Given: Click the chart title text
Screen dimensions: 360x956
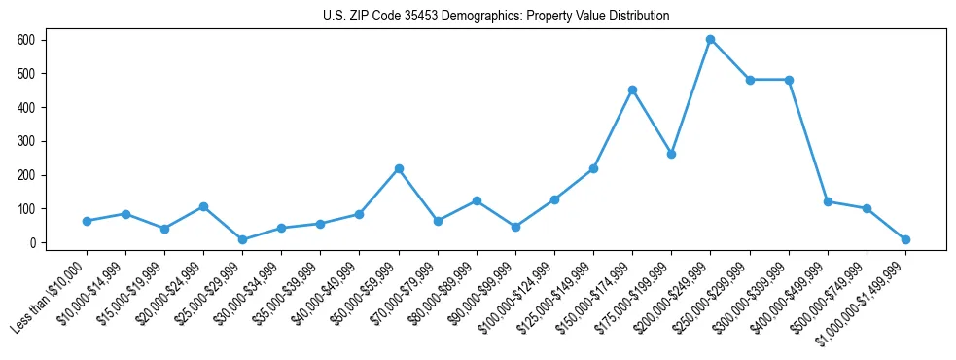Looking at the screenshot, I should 496,17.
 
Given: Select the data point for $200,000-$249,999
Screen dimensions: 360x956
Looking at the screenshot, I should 711,40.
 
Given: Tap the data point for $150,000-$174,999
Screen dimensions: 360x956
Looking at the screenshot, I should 632,90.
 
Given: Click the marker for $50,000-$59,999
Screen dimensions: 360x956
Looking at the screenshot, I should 399,169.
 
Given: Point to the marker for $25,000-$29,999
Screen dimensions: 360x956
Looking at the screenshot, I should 242,239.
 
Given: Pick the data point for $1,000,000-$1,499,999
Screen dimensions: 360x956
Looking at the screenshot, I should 905,239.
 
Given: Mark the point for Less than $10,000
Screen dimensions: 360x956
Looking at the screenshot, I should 87,221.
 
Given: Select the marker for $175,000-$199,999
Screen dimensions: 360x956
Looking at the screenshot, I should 671,154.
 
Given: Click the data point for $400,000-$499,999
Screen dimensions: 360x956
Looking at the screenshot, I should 828,201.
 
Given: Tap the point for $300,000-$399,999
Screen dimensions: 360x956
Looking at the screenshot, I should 789,80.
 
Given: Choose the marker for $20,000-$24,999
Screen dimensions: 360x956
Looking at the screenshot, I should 203,206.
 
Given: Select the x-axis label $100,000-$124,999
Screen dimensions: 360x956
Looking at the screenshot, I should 515,292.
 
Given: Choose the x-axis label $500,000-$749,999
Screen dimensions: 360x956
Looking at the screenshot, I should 828,292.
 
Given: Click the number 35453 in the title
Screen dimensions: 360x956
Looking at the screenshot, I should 421,17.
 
